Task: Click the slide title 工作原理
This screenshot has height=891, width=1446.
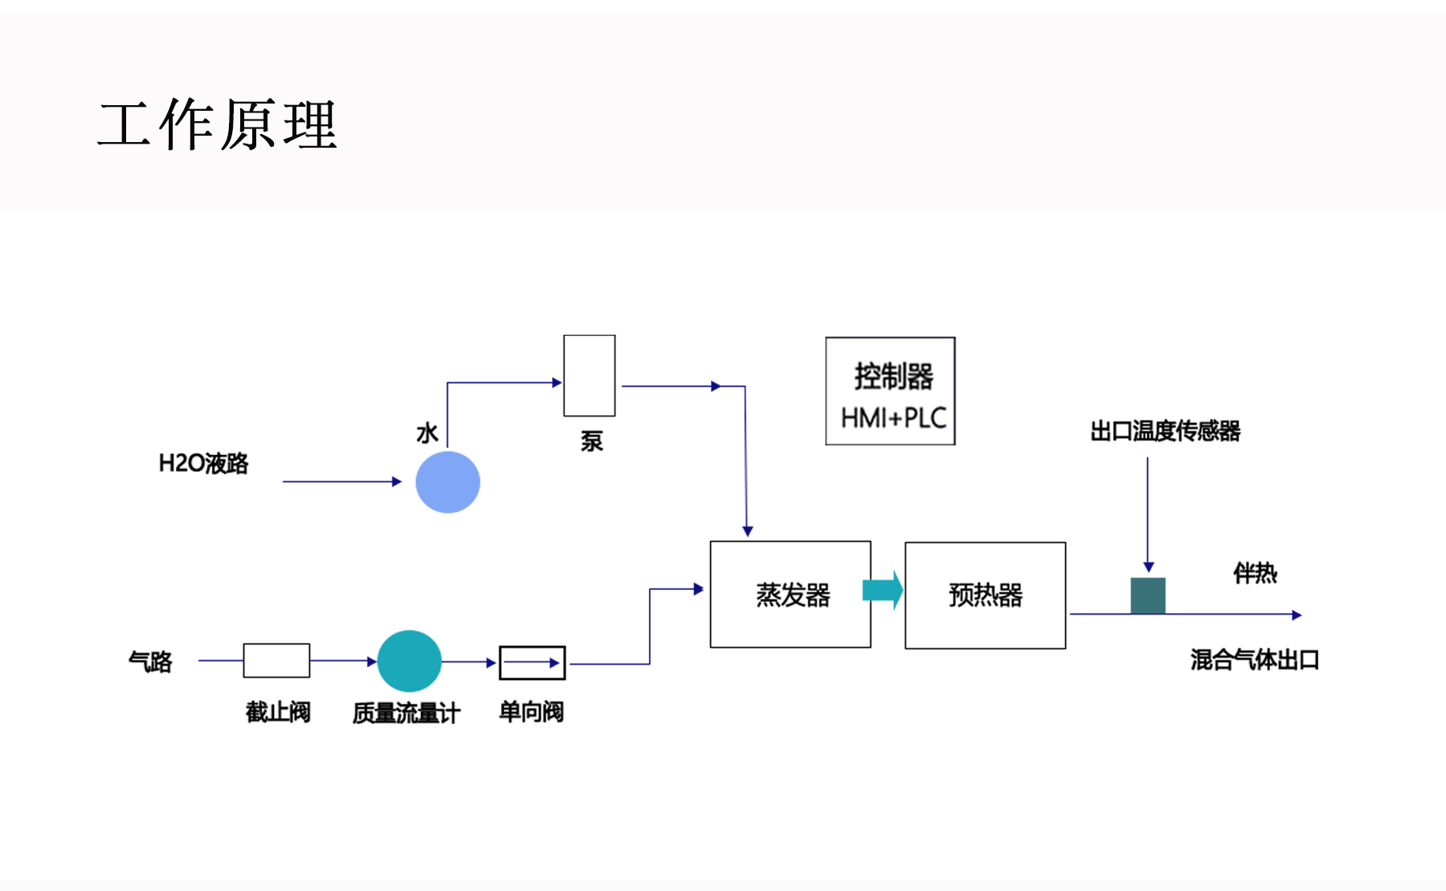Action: pyautogui.click(x=217, y=125)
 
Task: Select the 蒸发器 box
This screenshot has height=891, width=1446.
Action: pyautogui.click(x=790, y=594)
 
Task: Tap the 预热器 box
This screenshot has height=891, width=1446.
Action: pyautogui.click(x=985, y=595)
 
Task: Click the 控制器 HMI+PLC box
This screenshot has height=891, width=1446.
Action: pyautogui.click(x=890, y=391)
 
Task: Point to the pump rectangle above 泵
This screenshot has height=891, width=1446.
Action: pyautogui.click(x=589, y=376)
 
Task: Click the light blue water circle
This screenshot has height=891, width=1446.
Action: pyautogui.click(x=447, y=482)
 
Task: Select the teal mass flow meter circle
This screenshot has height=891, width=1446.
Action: pyautogui.click(x=409, y=661)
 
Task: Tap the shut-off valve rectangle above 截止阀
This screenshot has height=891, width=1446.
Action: pyautogui.click(x=276, y=661)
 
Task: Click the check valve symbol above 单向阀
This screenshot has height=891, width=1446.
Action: pyautogui.click(x=532, y=663)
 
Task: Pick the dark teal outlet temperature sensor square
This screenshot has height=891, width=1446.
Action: pyautogui.click(x=1148, y=596)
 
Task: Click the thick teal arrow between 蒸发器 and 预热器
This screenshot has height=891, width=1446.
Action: pyautogui.click(x=882, y=591)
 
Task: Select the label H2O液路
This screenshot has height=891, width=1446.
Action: pyautogui.click(x=203, y=463)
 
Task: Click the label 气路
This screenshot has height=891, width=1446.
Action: pyautogui.click(x=150, y=661)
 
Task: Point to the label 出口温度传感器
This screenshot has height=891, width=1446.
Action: pyautogui.click(x=1165, y=431)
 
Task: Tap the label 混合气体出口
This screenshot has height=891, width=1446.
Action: pyautogui.click(x=1254, y=660)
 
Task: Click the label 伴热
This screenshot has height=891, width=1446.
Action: pyautogui.click(x=1255, y=573)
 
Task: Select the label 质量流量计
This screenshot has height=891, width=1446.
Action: pyautogui.click(x=406, y=713)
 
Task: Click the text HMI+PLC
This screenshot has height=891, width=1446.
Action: pyautogui.click(x=893, y=417)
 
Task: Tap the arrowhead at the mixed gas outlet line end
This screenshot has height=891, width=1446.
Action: pyautogui.click(x=1297, y=615)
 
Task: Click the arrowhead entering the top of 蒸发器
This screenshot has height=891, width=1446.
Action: pyautogui.click(x=747, y=531)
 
